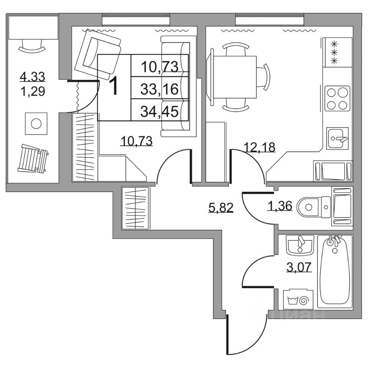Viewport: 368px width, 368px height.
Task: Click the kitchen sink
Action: point(337,138)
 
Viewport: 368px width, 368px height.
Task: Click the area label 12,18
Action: point(260,146)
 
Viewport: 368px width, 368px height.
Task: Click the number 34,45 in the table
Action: point(159,112)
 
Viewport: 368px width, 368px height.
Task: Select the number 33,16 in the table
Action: point(159,89)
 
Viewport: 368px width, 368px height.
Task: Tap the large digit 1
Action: point(115,87)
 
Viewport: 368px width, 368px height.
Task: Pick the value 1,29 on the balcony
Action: point(33,91)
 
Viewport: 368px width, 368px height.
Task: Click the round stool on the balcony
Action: point(36,123)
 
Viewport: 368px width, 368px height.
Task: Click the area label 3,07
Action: point(298,266)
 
